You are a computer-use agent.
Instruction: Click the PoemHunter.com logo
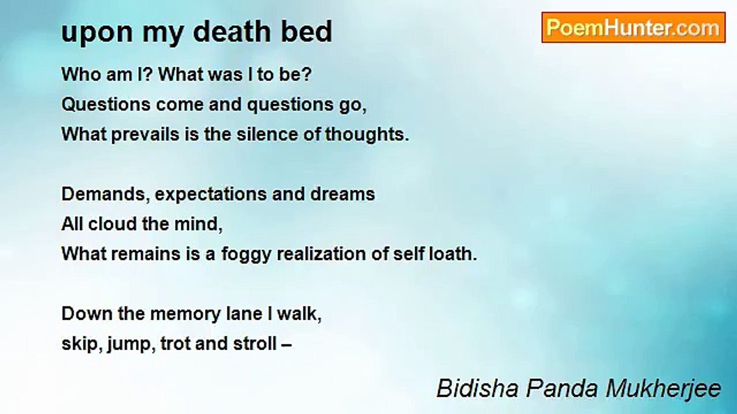(633, 28)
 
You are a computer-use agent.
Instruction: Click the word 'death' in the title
(231, 31)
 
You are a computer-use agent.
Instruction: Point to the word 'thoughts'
(367, 135)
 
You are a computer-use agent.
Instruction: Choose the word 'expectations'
(211, 195)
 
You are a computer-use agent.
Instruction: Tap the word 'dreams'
(343, 194)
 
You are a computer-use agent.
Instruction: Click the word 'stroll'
(254, 344)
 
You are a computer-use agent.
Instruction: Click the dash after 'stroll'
(287, 346)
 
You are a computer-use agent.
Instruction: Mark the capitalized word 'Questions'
(106, 105)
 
